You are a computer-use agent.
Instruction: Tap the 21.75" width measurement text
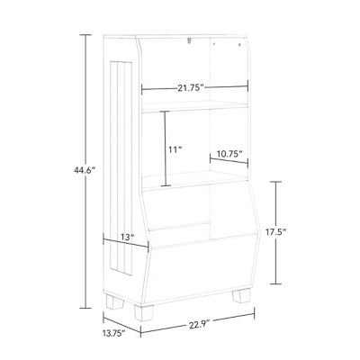pyautogui.click(x=190, y=86)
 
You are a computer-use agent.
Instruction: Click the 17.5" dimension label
pyautogui.click(x=276, y=231)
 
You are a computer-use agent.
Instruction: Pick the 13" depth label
pyautogui.click(x=127, y=237)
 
